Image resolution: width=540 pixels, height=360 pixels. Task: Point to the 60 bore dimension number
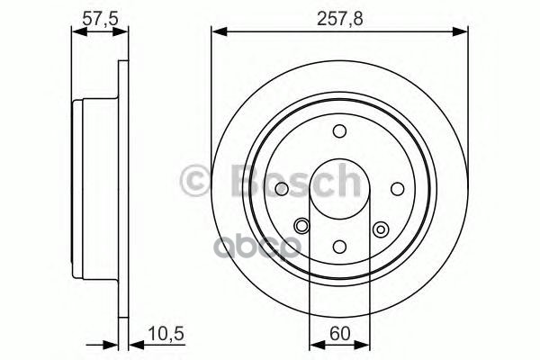(x=339, y=332)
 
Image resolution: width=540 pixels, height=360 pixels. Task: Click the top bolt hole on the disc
(x=339, y=131)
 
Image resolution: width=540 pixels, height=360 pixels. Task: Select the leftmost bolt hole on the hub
(x=282, y=188)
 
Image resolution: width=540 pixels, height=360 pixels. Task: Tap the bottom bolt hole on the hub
(x=339, y=246)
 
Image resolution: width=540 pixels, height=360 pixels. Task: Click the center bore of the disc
(x=339, y=188)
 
